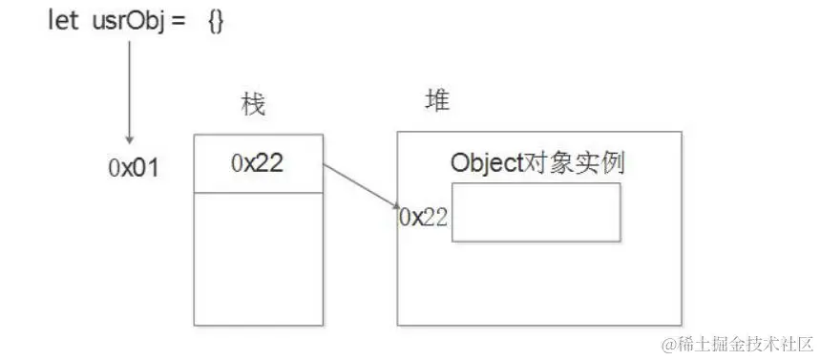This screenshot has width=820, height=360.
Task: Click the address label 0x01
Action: (x=134, y=169)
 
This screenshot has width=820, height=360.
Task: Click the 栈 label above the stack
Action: (x=253, y=105)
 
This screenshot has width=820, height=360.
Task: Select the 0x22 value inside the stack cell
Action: (x=257, y=163)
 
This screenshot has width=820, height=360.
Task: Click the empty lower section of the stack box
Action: (x=257, y=258)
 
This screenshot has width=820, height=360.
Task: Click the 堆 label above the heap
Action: (x=436, y=102)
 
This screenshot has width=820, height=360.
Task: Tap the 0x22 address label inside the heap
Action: (x=423, y=217)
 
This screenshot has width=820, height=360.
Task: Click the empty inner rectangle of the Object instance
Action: (x=536, y=212)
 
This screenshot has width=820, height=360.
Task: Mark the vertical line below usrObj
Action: (x=129, y=86)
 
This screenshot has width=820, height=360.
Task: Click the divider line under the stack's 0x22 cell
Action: (x=257, y=192)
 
